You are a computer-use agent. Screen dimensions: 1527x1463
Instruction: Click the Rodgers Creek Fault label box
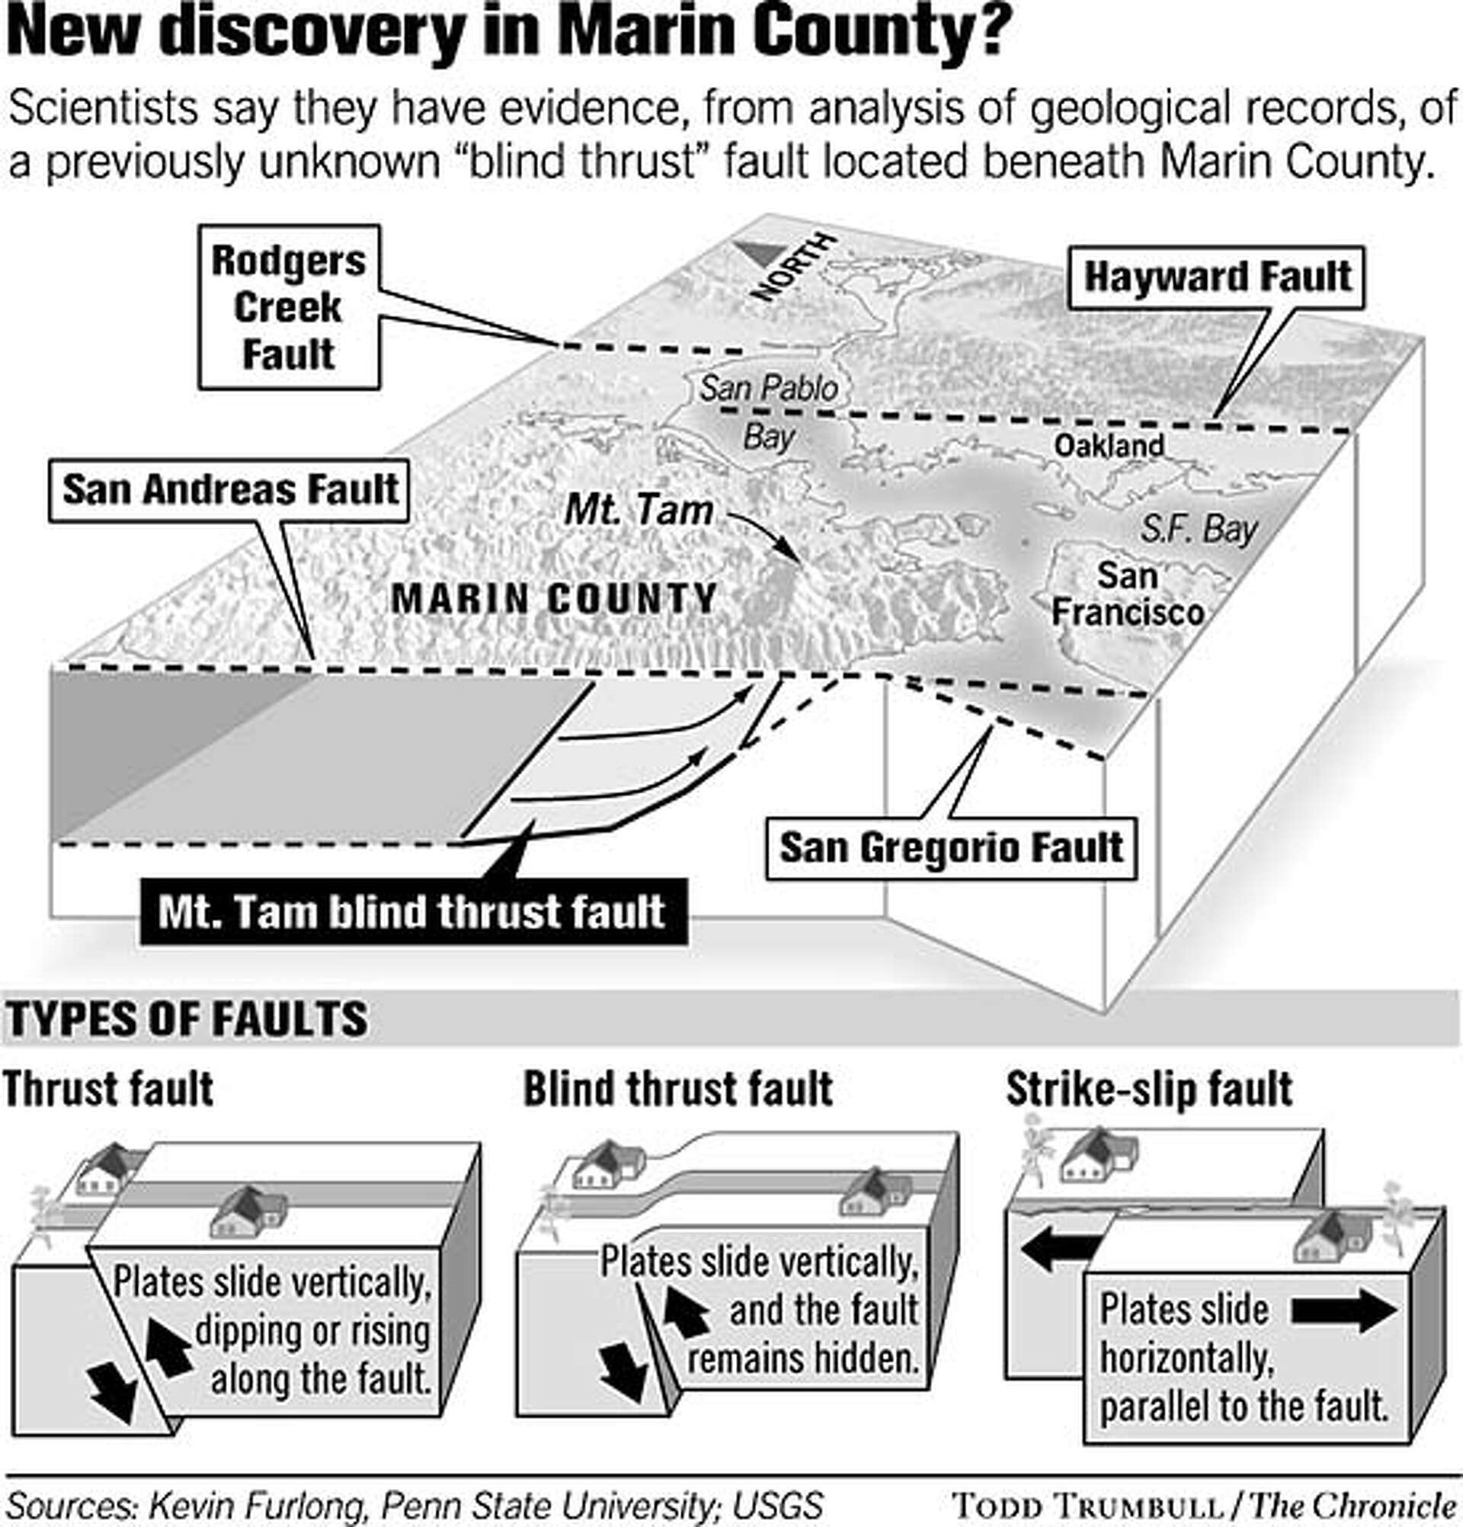[x=288, y=307]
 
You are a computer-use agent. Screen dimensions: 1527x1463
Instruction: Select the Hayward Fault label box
[x=1217, y=277]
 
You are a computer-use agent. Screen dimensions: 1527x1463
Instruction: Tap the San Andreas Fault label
[x=229, y=490]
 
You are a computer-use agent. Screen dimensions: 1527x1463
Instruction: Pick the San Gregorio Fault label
[x=950, y=847]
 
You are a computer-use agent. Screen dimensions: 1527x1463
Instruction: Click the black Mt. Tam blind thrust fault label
[x=413, y=911]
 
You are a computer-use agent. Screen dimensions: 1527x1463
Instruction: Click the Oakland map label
[x=1108, y=446]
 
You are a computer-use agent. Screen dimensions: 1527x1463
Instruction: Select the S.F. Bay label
[x=1198, y=530]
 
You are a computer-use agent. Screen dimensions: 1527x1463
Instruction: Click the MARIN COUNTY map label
[x=553, y=598]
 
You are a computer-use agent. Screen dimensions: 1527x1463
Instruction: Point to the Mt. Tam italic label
[x=638, y=511]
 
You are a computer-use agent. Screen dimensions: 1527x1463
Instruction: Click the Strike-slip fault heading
[x=1148, y=1088]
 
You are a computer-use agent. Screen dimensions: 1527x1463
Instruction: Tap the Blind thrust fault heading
[x=677, y=1088]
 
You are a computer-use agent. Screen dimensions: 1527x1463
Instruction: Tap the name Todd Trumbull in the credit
[x=1087, y=1504]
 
